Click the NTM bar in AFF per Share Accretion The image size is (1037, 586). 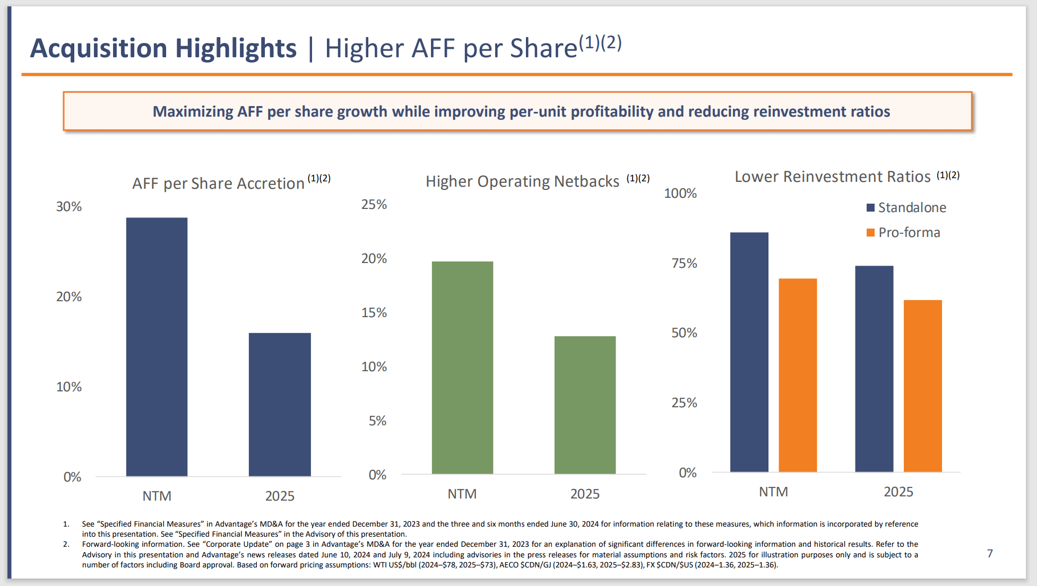157,347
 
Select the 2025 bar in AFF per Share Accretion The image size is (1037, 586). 280,404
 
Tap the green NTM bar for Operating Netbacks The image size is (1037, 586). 462,368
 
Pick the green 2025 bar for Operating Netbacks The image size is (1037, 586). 585,405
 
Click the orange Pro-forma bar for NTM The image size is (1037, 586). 798,375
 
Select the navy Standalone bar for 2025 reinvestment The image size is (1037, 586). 874,369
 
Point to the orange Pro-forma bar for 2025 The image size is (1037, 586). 922,386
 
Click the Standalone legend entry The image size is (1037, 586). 906,207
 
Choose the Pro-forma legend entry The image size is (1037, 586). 903,232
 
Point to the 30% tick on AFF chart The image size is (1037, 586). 69,207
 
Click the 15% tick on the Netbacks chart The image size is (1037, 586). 374,313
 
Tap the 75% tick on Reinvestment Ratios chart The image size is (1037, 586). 684,264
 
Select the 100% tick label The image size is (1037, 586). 680,194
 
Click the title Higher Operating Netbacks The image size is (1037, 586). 522,181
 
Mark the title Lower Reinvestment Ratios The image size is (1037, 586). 832,177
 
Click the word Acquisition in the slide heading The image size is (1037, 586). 99,48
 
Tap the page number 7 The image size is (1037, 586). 990,553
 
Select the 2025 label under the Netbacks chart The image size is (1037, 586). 585,494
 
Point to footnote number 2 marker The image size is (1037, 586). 66,544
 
